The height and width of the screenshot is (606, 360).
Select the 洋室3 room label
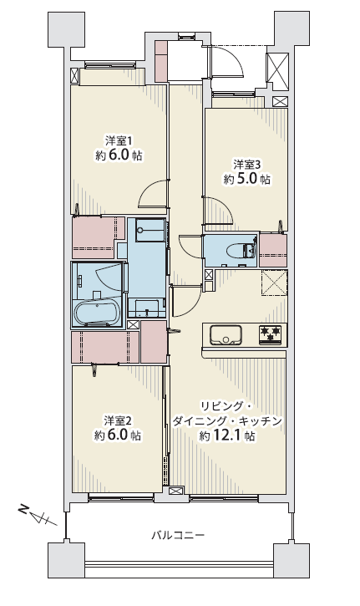coord(247,165)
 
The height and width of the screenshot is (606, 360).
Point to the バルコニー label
coord(178,535)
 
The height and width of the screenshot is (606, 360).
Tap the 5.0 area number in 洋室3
coord(246,180)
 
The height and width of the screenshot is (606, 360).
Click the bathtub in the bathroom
coord(97,313)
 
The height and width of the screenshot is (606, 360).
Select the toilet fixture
coord(242,251)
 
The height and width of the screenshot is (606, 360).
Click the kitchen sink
coord(226,334)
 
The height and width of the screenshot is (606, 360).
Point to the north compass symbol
coord(37,516)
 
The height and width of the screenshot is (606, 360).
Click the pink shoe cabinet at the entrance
coord(161,61)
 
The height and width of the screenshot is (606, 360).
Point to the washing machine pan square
coord(150,230)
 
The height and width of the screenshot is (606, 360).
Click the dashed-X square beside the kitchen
coord(274,283)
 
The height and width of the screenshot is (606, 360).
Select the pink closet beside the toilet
coord(273,250)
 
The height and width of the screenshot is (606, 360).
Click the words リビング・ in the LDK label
coord(226,406)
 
